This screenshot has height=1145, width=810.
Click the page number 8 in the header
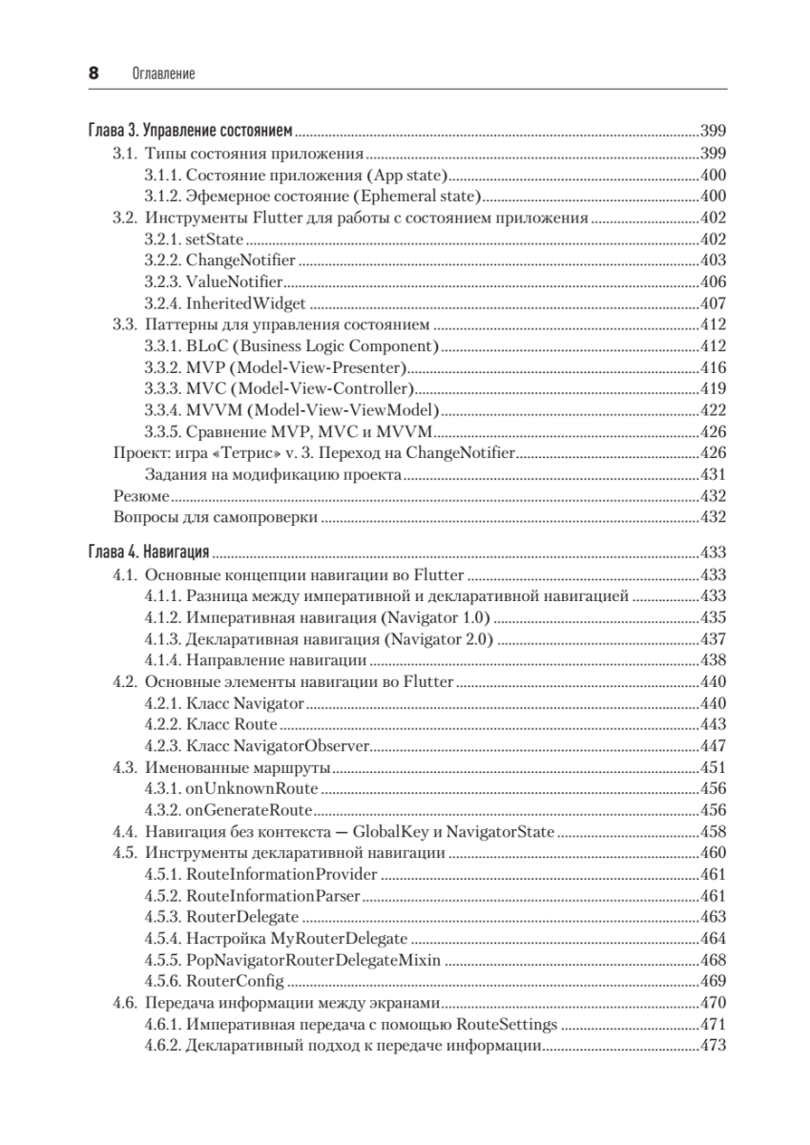(x=93, y=73)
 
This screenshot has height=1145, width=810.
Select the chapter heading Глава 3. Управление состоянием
(x=189, y=131)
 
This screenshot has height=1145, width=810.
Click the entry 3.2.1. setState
(x=195, y=239)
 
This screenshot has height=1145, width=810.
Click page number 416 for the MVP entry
(x=713, y=367)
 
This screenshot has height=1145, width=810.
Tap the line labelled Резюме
(x=141, y=496)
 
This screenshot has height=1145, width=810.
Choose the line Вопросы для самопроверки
(x=215, y=517)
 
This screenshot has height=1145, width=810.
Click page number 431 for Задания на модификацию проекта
(x=713, y=474)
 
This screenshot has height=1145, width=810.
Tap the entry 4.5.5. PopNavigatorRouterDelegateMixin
(x=292, y=959)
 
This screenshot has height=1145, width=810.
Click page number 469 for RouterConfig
(x=713, y=981)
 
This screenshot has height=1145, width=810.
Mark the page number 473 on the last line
(x=713, y=1046)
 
